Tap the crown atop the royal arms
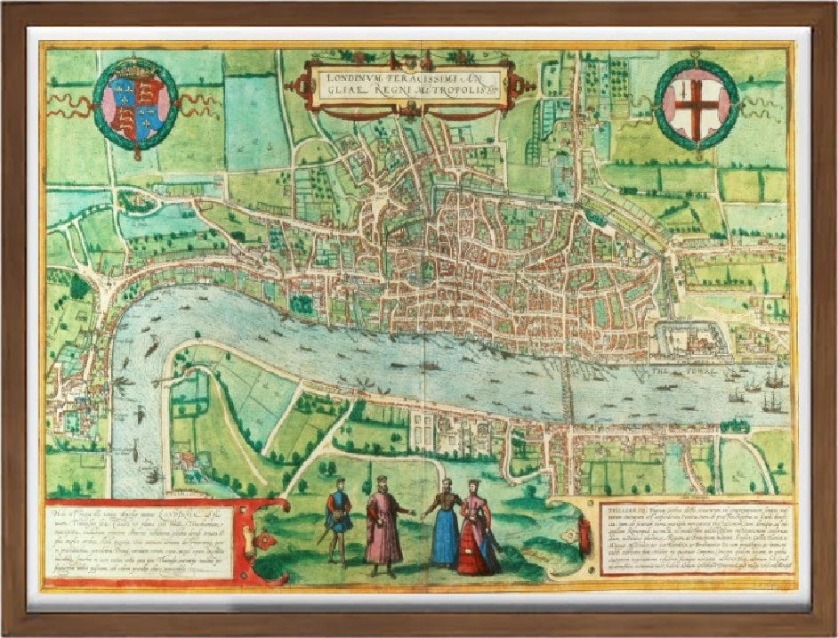click(x=135, y=68)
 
